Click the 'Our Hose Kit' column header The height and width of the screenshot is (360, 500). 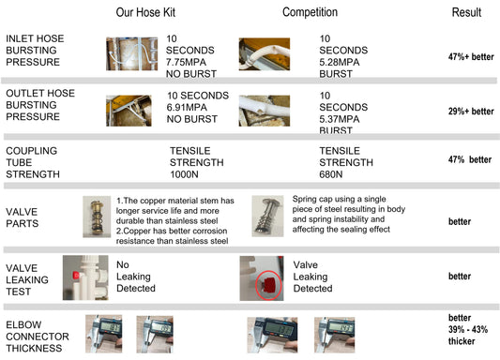click(145, 12)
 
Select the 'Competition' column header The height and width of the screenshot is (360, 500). click(310, 12)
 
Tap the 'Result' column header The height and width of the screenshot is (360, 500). click(466, 12)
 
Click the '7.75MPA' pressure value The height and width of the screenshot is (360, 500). click(187, 62)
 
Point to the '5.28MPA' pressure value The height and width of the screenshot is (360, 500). click(340, 62)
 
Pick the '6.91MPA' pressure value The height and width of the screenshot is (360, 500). click(187, 108)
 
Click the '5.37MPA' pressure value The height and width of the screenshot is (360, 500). click(340, 119)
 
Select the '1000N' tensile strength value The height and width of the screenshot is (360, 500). click(184, 174)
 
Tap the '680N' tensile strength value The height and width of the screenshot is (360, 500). click(331, 174)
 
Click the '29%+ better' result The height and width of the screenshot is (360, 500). click(471, 112)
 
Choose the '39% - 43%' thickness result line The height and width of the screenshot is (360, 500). click(468, 329)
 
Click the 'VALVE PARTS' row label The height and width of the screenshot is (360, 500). click(22, 217)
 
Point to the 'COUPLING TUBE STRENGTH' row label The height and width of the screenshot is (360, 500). click(33, 162)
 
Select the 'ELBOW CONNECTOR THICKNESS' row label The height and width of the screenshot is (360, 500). click(38, 337)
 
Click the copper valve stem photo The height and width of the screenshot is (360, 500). click(97, 217)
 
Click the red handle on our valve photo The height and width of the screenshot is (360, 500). click(76, 276)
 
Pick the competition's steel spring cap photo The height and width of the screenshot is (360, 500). click(267, 216)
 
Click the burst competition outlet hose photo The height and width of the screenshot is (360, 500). click(265, 111)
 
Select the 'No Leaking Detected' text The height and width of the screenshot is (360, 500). click(136, 277)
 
